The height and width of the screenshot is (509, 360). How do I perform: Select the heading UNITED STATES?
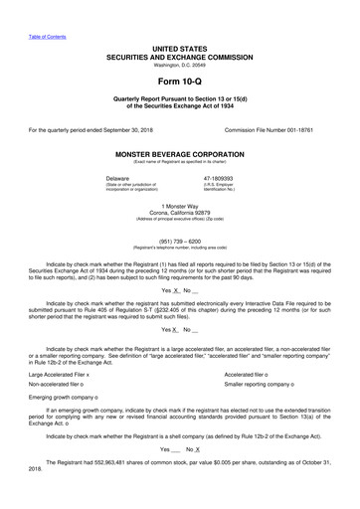pyautogui.click(x=179, y=48)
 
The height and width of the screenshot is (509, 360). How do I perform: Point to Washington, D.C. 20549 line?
pyautogui.click(x=179, y=65)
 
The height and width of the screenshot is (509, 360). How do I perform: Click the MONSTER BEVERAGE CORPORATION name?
pyautogui.click(x=179, y=156)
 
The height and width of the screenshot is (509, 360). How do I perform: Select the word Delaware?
pyautogui.click(x=148, y=178)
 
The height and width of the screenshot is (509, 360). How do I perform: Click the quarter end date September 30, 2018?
pyautogui.click(x=116, y=129)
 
